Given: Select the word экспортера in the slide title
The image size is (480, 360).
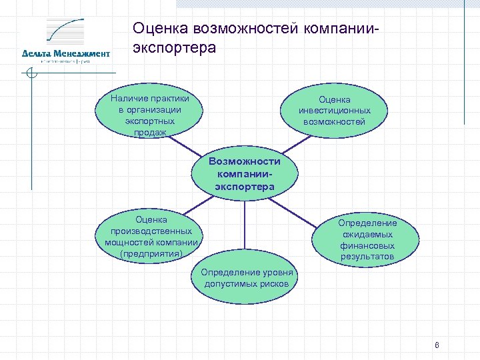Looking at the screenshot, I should coord(175,49).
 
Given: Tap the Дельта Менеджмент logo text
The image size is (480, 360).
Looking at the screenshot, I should coord(65,53).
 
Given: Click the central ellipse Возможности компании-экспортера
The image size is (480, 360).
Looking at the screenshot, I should coord(244,175).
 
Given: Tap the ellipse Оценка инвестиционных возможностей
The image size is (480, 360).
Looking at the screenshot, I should coord(334,111).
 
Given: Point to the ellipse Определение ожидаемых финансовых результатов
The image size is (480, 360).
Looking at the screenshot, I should coord(367,239).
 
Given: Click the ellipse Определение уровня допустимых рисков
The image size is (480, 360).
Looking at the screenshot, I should coord(246,279).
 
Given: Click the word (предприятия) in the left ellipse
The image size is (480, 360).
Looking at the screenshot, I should coord(151,253).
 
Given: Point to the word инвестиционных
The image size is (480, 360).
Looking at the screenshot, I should coord(334,111).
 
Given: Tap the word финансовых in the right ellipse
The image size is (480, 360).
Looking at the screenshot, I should coord(367,245).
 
